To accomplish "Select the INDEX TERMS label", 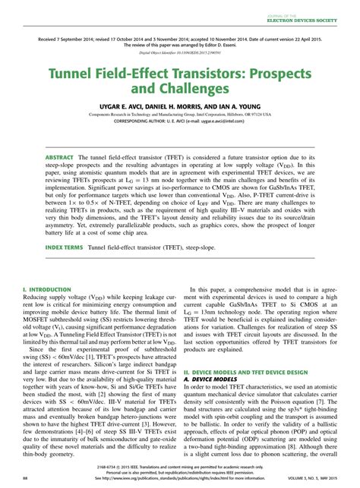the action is pos(65,247).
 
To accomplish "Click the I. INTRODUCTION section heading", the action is pos(46,290).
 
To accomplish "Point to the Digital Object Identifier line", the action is pos(180,54).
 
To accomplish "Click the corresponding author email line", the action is pos(180,120).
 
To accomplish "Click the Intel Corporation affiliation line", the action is pos(180,115).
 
